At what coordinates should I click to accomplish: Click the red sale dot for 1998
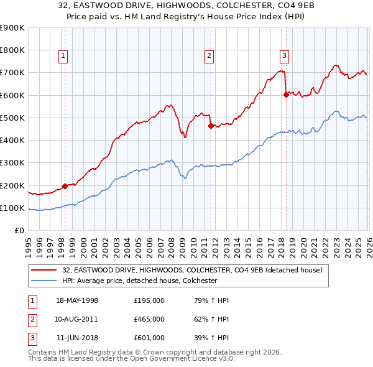65,186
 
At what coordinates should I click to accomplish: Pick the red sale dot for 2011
210,126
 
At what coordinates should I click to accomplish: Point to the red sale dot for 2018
285,95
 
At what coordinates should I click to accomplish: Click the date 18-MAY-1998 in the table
77,300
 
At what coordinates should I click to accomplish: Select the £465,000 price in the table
149,319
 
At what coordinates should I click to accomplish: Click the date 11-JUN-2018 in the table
77,338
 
